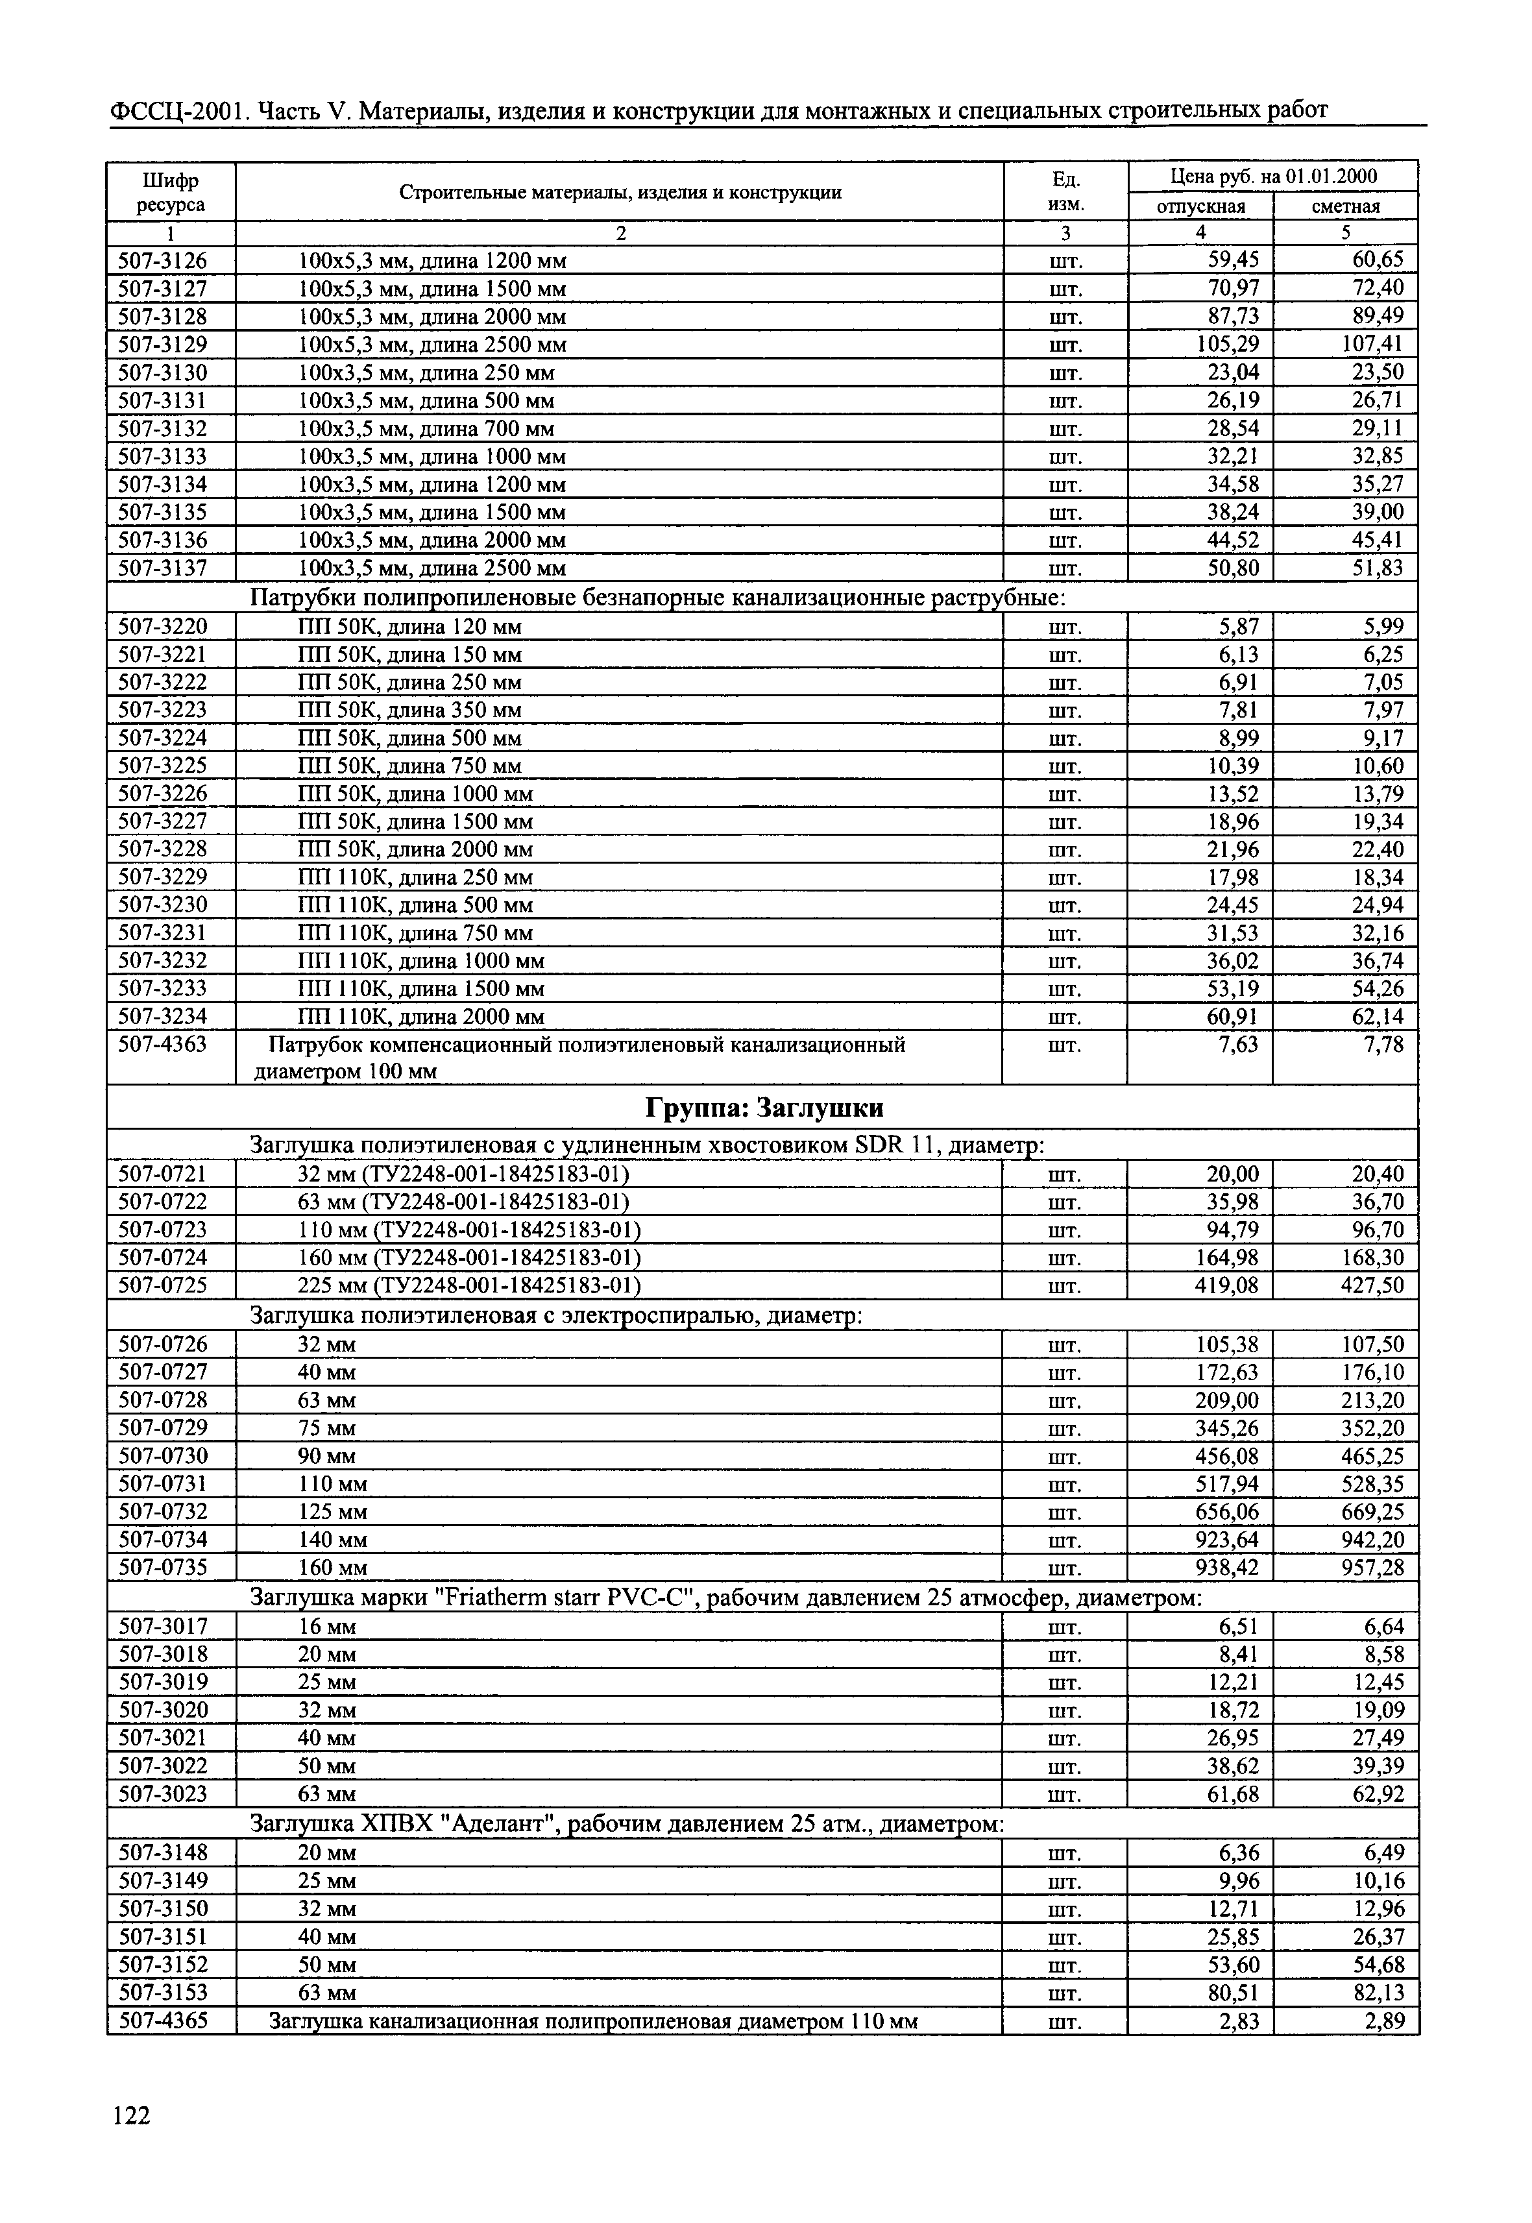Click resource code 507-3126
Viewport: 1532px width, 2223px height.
(162, 260)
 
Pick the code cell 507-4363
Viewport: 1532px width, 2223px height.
(162, 1044)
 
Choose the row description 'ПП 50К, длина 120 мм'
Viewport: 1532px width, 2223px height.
(410, 627)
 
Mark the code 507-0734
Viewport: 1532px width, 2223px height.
(162, 1540)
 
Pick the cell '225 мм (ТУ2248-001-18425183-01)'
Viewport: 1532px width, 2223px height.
(468, 1285)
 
